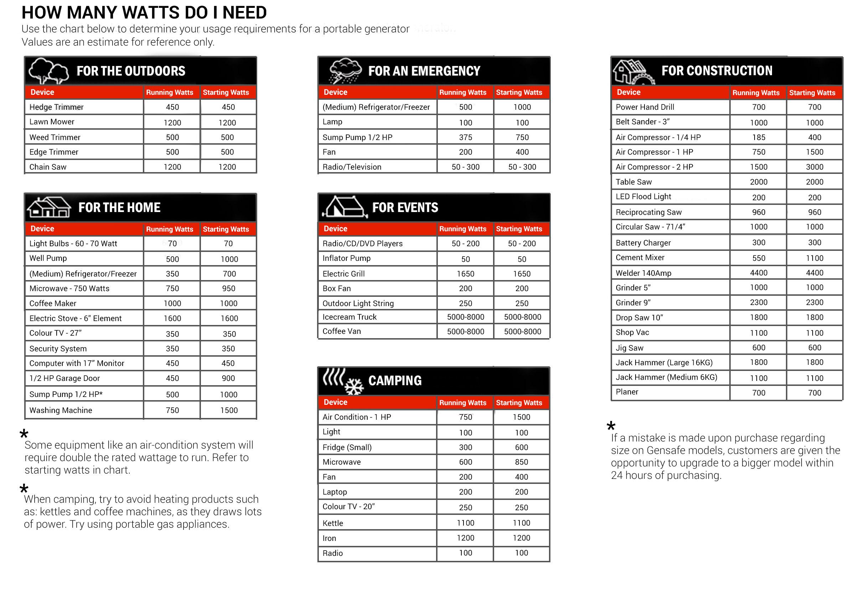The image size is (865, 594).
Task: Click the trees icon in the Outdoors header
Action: (x=48, y=71)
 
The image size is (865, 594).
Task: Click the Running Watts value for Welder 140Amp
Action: (x=758, y=273)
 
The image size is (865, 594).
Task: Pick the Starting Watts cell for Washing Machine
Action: (x=228, y=410)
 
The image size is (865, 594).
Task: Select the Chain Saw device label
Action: (x=48, y=167)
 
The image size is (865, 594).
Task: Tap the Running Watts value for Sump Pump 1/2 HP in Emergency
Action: (x=465, y=137)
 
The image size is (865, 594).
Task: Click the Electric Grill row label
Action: (x=343, y=274)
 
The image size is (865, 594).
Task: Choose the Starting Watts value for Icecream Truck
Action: (x=522, y=317)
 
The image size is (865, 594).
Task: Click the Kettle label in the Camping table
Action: (x=333, y=523)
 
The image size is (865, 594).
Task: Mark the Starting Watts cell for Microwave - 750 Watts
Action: (x=228, y=288)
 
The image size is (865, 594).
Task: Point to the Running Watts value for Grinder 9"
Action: (x=758, y=303)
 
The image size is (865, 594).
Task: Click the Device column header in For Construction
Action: (x=629, y=92)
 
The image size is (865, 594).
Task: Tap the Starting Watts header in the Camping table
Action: (x=519, y=403)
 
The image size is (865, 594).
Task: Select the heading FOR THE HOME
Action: (x=119, y=207)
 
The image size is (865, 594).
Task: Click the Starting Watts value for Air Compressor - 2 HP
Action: (x=814, y=167)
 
